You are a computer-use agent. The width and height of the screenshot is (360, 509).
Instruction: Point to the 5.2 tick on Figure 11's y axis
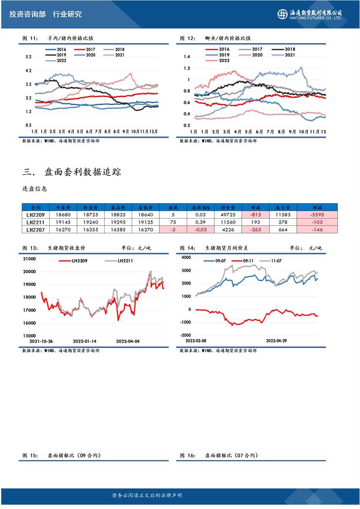pos(28,57)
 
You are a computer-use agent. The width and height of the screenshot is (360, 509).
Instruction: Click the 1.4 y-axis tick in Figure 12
pos(186,57)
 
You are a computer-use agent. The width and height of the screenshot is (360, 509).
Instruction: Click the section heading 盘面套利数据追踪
pos(83,172)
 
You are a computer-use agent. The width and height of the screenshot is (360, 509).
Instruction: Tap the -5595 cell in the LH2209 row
pos(317,215)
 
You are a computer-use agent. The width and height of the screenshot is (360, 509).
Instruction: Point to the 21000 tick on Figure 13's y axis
pos(29,259)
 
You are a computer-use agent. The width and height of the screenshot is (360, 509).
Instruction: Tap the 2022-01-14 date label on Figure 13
pos(85,341)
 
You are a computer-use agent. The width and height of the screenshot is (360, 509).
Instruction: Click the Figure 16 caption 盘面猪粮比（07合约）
pos(231,456)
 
